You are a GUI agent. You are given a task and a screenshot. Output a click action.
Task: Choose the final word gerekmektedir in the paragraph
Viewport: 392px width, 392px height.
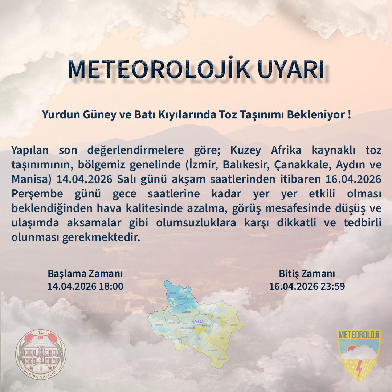[x=76, y=238]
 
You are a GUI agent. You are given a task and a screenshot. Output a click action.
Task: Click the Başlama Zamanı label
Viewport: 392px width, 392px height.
[x=85, y=273]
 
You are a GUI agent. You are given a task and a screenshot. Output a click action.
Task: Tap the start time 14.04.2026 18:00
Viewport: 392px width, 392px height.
[x=85, y=286]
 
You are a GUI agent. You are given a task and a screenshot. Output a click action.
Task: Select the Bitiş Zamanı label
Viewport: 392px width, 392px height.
[x=307, y=273]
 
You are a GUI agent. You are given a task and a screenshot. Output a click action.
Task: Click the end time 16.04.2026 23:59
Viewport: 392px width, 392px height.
[x=307, y=286]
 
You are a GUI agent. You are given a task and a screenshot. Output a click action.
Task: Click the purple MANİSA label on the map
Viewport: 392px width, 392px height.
[x=198, y=322]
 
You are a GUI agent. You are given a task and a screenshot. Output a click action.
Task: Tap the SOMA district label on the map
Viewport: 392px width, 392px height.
[x=173, y=293]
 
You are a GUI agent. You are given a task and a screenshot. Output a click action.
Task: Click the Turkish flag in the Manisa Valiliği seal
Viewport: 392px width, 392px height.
[x=41, y=338]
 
